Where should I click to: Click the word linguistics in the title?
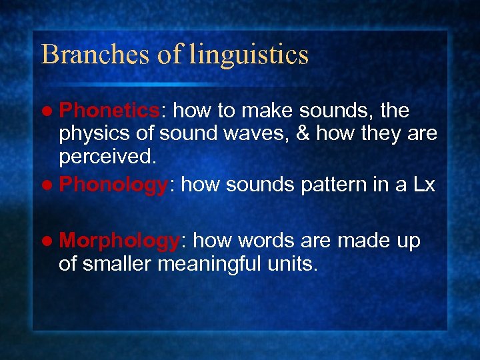pyautogui.click(x=249, y=55)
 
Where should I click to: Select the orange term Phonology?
pyautogui.click(x=113, y=185)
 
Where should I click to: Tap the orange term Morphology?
pyautogui.click(x=119, y=241)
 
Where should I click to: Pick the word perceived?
pyautogui.click(x=107, y=159)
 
